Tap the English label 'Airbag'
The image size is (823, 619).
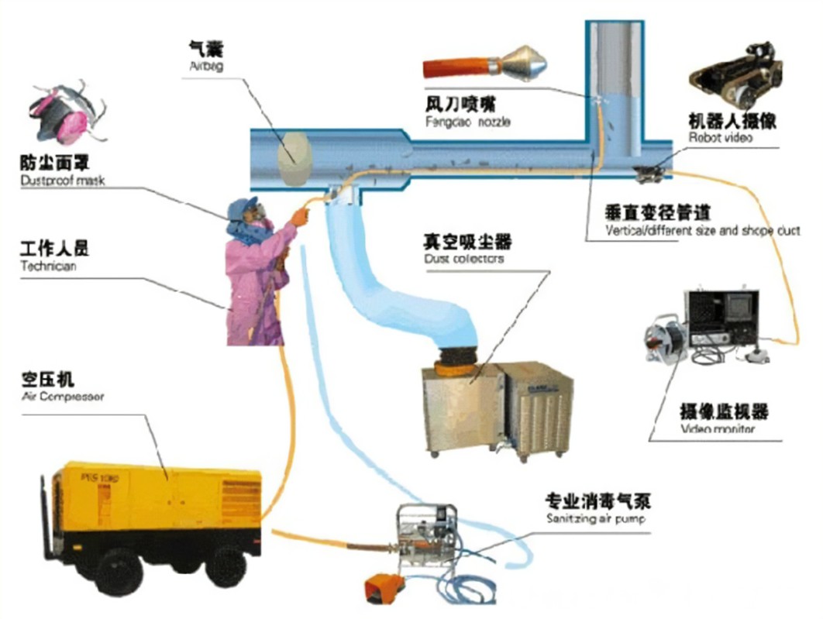(x=205, y=67)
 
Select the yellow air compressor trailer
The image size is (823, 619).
(x=155, y=511)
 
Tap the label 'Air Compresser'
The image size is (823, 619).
(x=62, y=397)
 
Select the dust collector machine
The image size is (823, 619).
(x=496, y=407)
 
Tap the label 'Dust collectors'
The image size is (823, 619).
(x=463, y=259)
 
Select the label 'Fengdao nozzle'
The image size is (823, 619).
(x=467, y=122)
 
